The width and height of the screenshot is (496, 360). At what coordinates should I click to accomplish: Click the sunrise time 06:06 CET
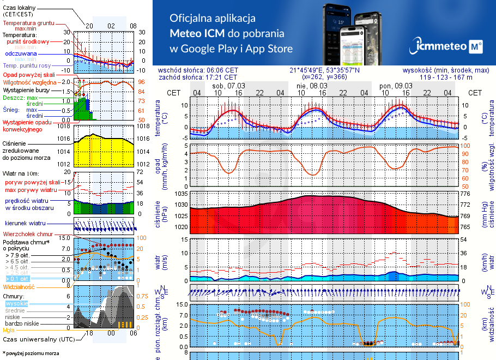222,70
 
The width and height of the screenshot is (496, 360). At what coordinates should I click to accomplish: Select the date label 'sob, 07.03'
229,86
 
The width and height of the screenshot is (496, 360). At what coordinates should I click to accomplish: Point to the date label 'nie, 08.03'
312,86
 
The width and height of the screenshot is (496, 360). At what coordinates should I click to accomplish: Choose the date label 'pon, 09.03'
396,86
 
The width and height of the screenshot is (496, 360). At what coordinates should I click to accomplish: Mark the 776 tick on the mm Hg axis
465,194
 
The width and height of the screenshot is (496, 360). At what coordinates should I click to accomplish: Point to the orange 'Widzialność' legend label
19,286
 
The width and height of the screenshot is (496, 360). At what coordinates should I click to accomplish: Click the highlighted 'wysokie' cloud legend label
16,303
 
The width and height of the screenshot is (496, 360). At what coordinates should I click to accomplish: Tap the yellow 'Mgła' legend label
9,330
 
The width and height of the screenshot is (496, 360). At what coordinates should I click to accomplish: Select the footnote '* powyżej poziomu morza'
31,353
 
